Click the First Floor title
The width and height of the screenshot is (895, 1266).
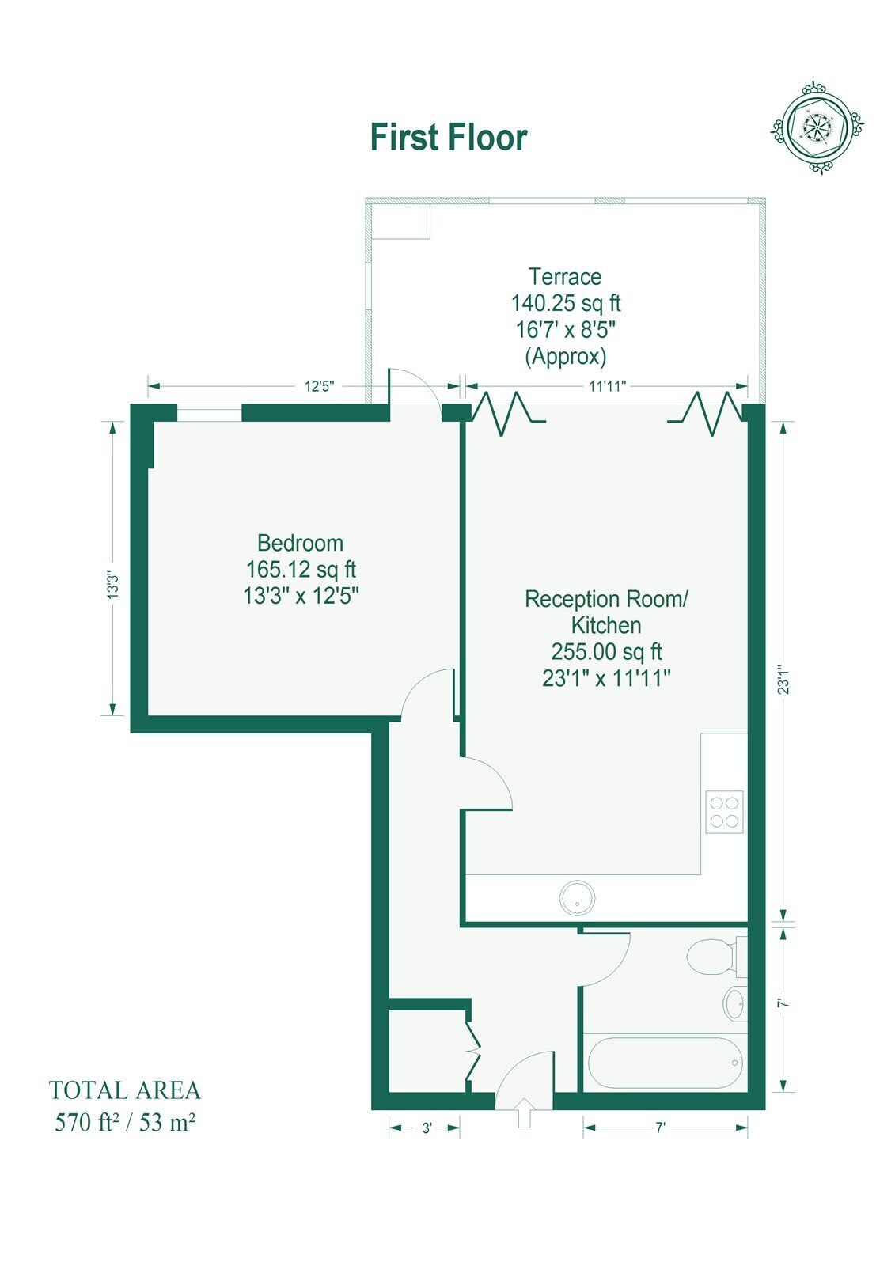click(449, 138)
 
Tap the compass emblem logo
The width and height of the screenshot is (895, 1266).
click(817, 127)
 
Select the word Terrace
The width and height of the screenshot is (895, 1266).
click(565, 277)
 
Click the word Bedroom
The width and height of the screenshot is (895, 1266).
click(300, 543)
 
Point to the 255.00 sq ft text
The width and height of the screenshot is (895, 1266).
click(606, 652)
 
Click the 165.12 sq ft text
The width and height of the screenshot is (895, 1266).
click(301, 569)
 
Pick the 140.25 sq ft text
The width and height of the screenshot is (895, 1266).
click(566, 304)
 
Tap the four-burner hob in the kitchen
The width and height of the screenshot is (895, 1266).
click(724, 812)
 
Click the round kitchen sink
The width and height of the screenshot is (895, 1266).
click(577, 897)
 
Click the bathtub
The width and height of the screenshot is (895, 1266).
click(664, 1063)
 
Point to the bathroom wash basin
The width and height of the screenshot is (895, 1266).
click(734, 1003)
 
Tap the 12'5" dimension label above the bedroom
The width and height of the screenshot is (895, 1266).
click(320, 387)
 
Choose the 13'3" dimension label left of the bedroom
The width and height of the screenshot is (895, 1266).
click(113, 585)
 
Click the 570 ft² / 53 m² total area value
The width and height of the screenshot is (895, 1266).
click(125, 1123)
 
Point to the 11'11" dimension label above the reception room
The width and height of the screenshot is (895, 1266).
click(608, 387)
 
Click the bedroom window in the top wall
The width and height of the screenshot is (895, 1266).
click(209, 412)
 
